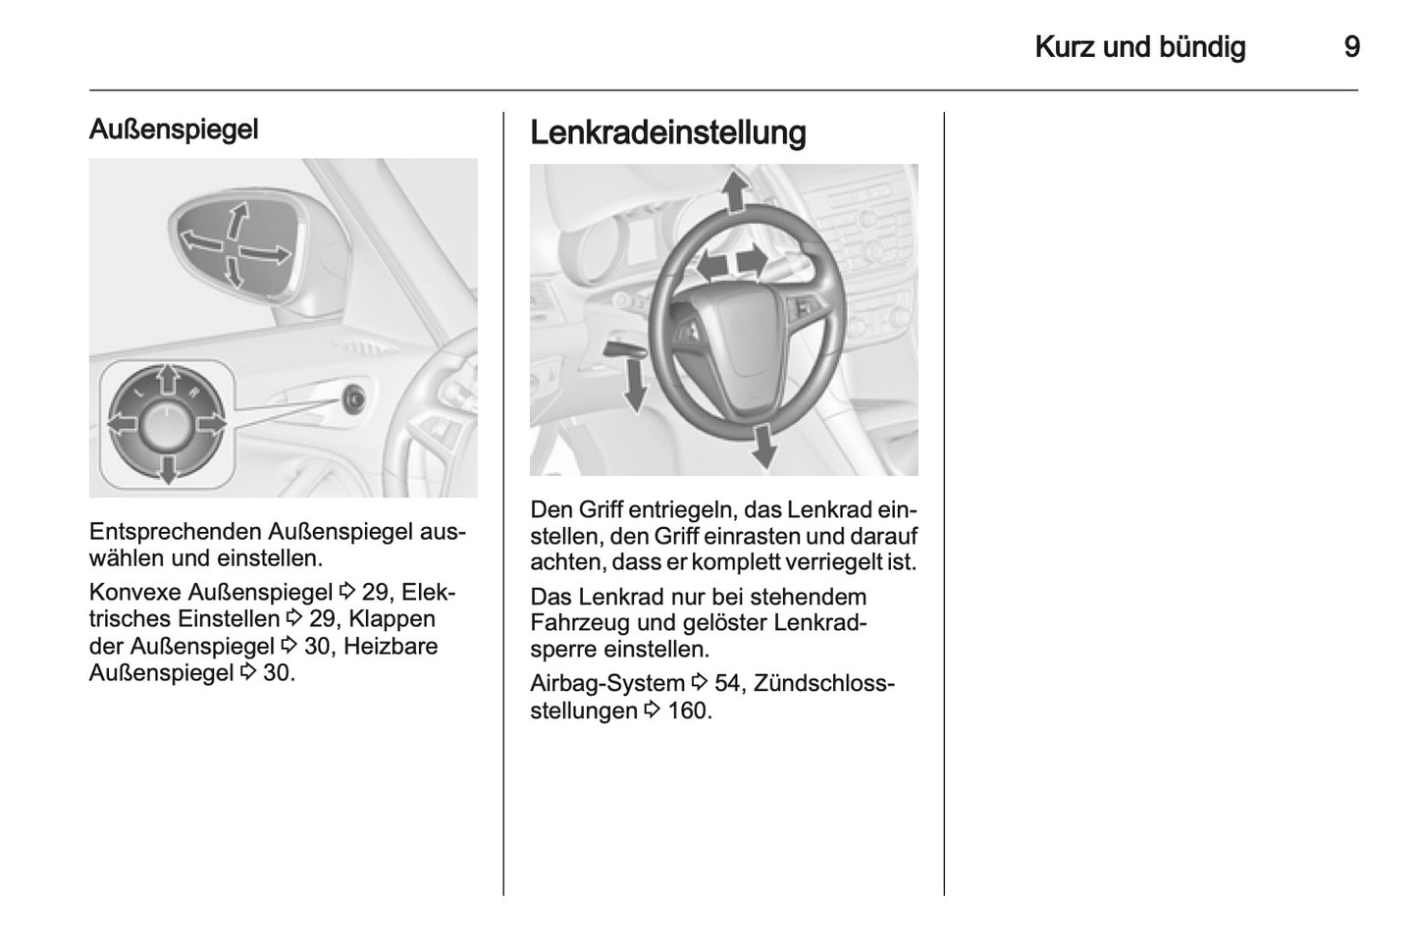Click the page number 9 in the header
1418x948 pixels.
point(1351,47)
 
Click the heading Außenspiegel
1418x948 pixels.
point(174,130)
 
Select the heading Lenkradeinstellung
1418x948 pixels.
point(667,132)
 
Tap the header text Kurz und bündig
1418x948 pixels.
point(1139,47)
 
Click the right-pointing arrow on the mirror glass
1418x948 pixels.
point(267,254)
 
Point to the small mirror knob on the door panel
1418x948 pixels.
point(353,398)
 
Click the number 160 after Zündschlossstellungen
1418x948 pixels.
point(688,711)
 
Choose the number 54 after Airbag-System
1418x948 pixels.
point(728,683)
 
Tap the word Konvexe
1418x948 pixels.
point(133,592)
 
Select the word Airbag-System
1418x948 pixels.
point(606,683)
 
